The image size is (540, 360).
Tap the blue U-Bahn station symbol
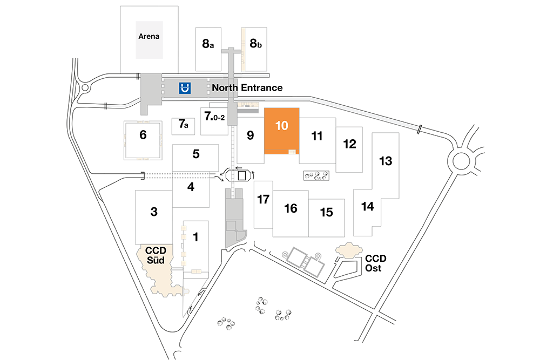click(185, 88)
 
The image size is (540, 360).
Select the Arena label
click(149, 37)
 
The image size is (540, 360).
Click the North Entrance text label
click(247, 88)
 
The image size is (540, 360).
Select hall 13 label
click(386, 161)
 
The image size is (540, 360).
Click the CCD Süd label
click(156, 255)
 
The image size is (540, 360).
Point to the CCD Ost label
click(375, 263)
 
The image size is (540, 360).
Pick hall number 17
click(263, 199)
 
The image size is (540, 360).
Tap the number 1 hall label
click(195, 237)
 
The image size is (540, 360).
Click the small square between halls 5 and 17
click(242, 176)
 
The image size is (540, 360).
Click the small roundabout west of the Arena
click(85, 88)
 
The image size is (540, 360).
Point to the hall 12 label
click(349, 144)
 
